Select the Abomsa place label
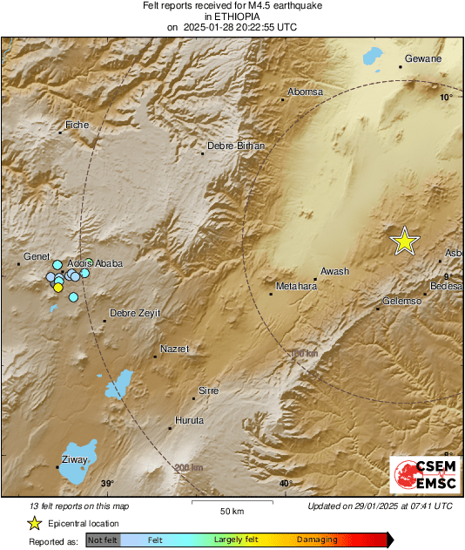pyautogui.click(x=305, y=92)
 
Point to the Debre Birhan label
pyautogui.click(x=235, y=146)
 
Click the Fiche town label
pyautogui.click(x=78, y=126)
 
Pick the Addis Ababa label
pyautogui.click(x=95, y=263)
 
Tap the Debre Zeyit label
pyautogui.click(x=135, y=313)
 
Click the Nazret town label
pyautogui.click(x=174, y=349)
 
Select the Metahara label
pyautogui.click(x=296, y=286)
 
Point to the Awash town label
pyautogui.click(x=334, y=271)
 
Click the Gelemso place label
pyautogui.click(x=402, y=301)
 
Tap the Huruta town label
pyautogui.click(x=189, y=420)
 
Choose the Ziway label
pyautogui.click(x=76, y=459)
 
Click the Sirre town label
pyautogui.click(x=209, y=390)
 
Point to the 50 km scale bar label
pyautogui.click(x=231, y=511)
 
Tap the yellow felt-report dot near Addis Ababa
pyautogui.click(x=58, y=288)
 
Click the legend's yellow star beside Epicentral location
pyautogui.click(x=34, y=523)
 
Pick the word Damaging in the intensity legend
pyautogui.click(x=317, y=540)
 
